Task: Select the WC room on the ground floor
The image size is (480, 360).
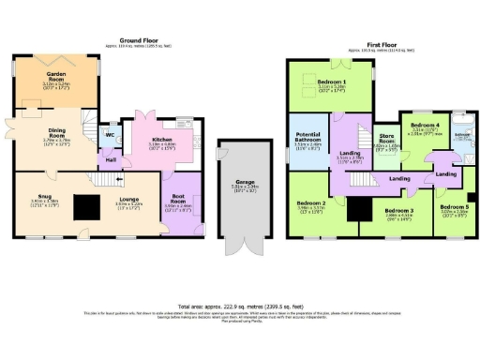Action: tap(111, 134)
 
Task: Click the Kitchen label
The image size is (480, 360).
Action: tap(163, 142)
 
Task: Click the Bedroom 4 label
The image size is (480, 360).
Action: tap(426, 125)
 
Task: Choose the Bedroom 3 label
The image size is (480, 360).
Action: tap(398, 211)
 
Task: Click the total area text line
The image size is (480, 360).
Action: tap(239, 306)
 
